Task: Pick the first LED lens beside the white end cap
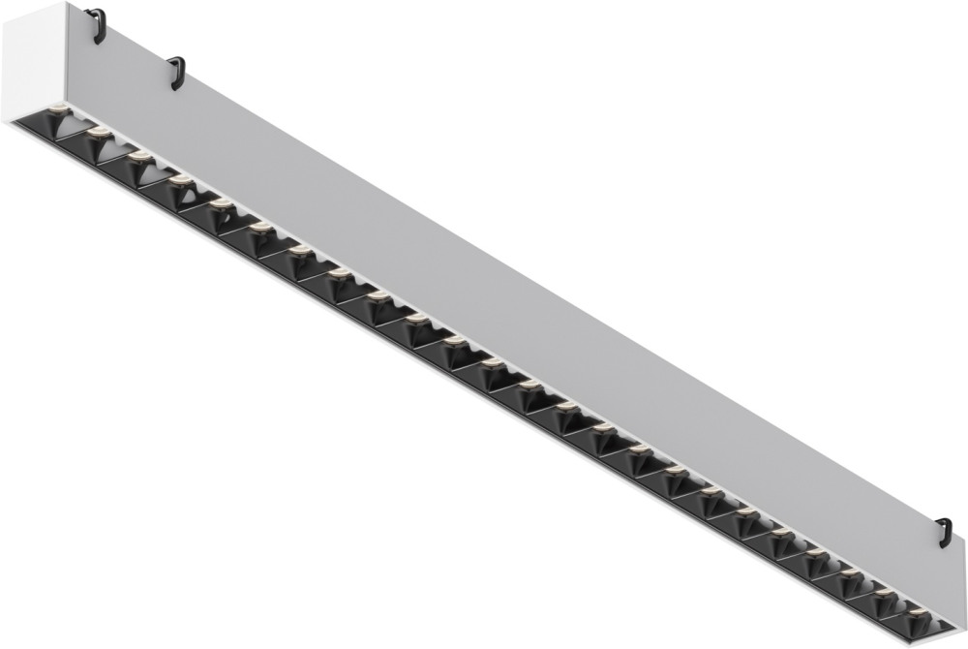[x=58, y=108]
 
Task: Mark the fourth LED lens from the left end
[x=180, y=179]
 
